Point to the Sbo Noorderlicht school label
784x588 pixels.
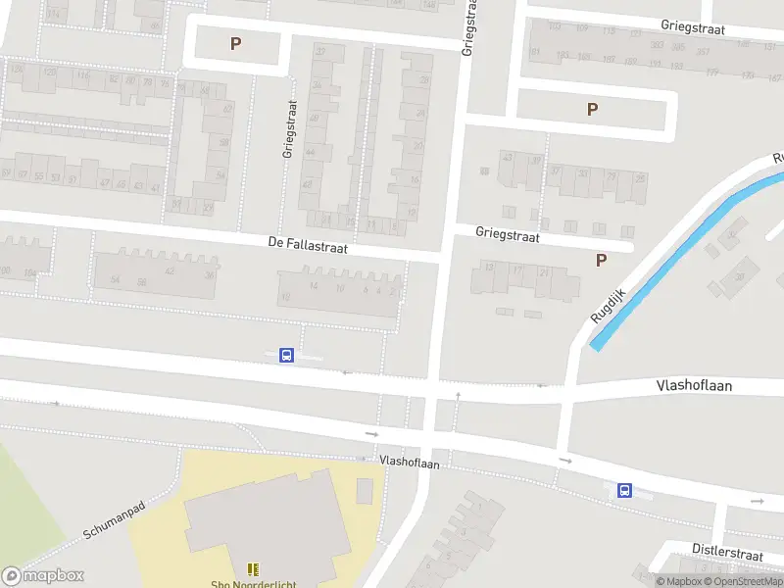(x=253, y=584)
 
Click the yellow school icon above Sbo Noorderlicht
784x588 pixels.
(x=253, y=568)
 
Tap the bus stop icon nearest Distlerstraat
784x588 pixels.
(x=623, y=491)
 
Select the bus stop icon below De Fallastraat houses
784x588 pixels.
(x=286, y=356)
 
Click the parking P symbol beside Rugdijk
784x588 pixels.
(x=601, y=260)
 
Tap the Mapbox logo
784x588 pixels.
(x=43, y=576)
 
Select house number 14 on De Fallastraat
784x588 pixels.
(x=314, y=285)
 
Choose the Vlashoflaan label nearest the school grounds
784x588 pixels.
(x=409, y=461)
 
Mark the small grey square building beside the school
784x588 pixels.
(x=365, y=490)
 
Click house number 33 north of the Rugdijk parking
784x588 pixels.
(x=584, y=174)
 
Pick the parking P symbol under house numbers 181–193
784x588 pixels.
(x=591, y=109)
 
